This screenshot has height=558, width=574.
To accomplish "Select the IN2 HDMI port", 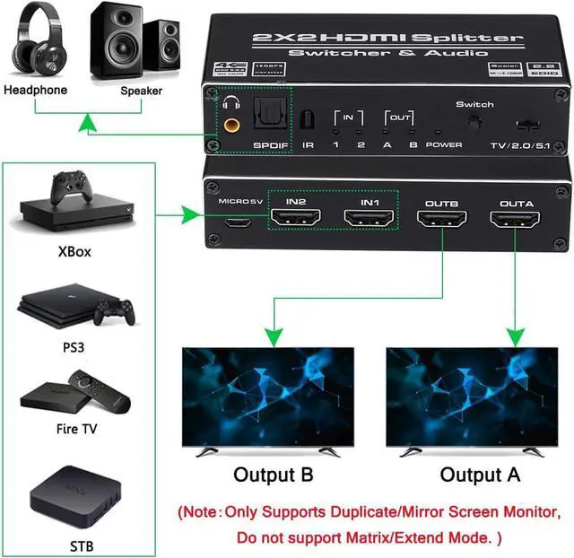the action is [296, 217].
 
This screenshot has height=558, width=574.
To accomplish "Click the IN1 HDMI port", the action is [369, 217].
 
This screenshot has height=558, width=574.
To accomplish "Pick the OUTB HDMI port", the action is [441, 218].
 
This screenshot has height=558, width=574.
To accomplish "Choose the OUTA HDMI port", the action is [515, 218].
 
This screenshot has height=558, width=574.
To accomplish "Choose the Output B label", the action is [273, 475].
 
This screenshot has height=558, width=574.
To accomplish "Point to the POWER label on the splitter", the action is [444, 144].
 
